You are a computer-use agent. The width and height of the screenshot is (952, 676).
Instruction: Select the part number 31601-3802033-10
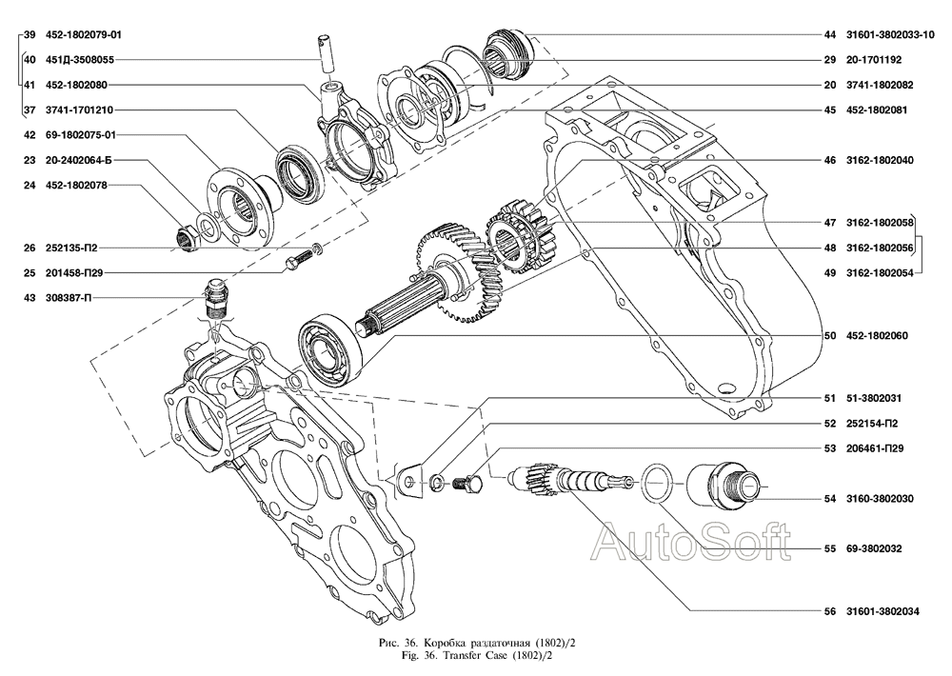(883, 34)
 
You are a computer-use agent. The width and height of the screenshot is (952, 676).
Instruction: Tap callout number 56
(830, 612)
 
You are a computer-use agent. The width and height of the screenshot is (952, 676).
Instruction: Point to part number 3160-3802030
(881, 498)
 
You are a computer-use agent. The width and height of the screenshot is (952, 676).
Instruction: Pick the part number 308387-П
(69, 298)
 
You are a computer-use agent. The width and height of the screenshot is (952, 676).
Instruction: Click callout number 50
(830, 335)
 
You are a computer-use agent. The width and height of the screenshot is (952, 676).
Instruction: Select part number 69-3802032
(874, 548)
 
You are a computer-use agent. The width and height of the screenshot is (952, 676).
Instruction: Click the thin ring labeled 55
(655, 483)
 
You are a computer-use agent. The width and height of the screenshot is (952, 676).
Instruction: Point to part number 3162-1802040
(879, 160)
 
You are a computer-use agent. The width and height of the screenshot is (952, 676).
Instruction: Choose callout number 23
(30, 160)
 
